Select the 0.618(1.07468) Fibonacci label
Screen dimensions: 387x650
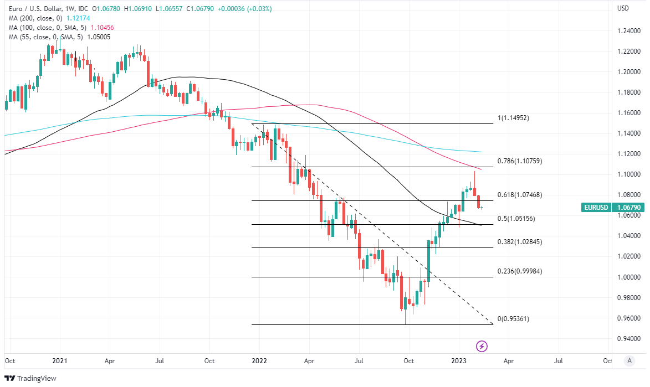(x=519, y=195)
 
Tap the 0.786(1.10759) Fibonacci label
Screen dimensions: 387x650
(x=519, y=161)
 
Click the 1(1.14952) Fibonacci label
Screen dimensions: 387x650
(x=513, y=118)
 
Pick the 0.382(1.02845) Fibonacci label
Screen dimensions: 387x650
(x=519, y=242)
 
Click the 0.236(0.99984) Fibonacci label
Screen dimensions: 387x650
(x=519, y=271)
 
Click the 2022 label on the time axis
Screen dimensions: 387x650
(x=259, y=360)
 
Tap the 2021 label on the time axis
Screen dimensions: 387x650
(x=59, y=360)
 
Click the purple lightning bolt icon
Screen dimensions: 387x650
(x=482, y=346)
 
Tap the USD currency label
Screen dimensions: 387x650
(x=623, y=8)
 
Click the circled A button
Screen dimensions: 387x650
(x=628, y=360)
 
